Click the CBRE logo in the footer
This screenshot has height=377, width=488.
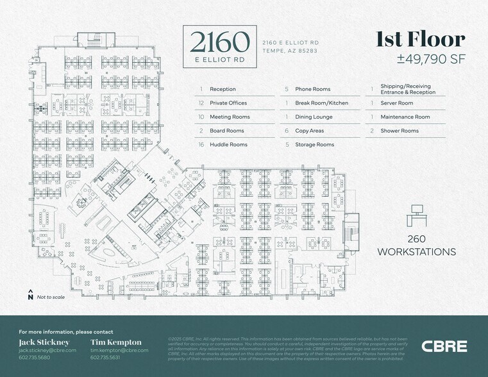[444, 346]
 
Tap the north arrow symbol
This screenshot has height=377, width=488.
[30, 295]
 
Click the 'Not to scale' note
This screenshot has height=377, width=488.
[50, 297]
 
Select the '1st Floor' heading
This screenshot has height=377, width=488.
[420, 39]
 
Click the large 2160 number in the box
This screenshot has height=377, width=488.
[220, 42]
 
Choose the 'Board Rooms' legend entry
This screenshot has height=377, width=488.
[226, 131]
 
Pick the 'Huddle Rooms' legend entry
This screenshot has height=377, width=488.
[228, 145]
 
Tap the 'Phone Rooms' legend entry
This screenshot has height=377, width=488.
[313, 89]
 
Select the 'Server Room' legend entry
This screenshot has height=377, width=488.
[396, 103]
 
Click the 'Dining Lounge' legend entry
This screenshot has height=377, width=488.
[314, 117]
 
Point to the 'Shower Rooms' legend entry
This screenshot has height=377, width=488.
[400, 131]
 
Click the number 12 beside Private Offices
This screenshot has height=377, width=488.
[201, 103]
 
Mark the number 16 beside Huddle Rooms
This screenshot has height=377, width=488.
[201, 145]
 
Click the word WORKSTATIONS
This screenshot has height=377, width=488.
[417, 252]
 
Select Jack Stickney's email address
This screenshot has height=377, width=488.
[47, 350]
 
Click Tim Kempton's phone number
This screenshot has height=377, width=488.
[105, 357]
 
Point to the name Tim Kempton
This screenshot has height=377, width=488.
[116, 342]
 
